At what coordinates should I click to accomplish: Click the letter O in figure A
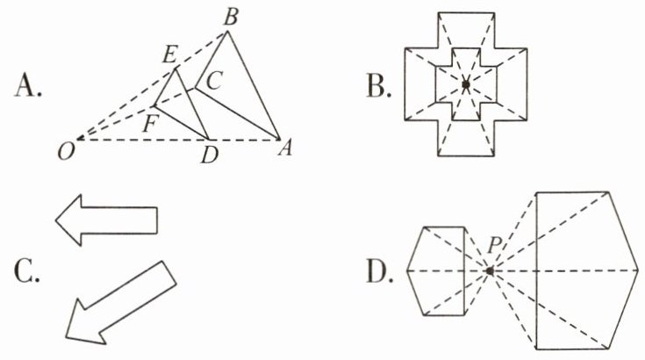tap(64, 153)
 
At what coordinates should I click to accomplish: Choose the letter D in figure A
tap(208, 155)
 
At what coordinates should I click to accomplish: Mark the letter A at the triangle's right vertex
tap(283, 150)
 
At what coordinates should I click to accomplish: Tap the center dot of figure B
tap(466, 84)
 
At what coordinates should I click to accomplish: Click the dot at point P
tap(490, 270)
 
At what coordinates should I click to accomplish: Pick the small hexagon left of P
tap(436, 270)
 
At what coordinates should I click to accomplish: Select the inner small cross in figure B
tap(467, 84)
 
